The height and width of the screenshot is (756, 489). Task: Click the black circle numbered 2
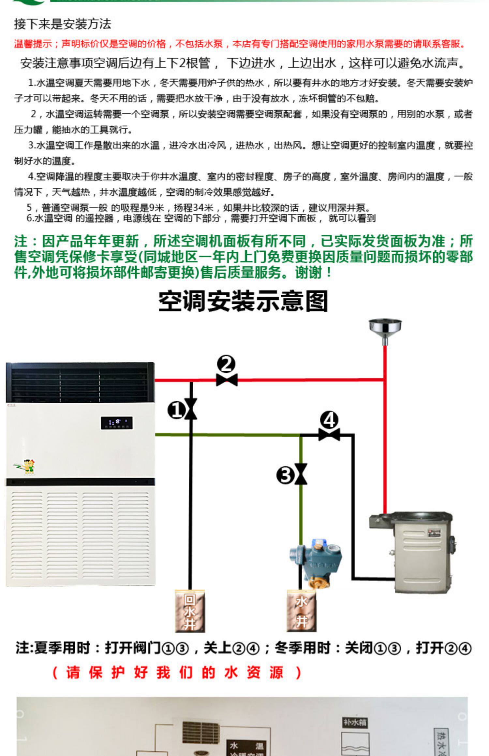click(x=226, y=364)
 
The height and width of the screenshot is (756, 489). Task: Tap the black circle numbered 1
click(x=176, y=410)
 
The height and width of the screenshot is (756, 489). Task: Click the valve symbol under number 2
click(x=227, y=380)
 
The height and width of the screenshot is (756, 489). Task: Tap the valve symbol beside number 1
click(x=191, y=409)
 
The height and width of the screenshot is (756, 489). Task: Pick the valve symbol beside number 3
click(x=301, y=474)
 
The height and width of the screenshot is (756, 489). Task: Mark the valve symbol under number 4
click(x=329, y=435)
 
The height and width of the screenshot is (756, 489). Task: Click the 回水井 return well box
click(x=190, y=611)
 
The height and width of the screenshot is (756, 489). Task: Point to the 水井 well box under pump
click(x=302, y=611)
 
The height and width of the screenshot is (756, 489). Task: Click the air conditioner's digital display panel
click(x=116, y=423)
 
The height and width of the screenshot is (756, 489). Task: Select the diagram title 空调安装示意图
click(x=243, y=301)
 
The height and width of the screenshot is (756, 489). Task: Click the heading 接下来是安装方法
click(x=63, y=24)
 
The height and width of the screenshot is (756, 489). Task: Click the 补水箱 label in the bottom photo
click(x=355, y=723)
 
